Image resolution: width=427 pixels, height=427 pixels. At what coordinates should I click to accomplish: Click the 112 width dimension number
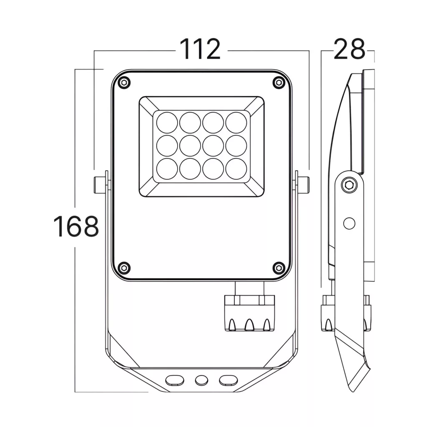(200, 49)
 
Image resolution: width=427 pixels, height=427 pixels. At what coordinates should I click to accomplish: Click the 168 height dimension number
(76, 226)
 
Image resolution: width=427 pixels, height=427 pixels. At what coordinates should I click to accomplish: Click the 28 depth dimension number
(349, 49)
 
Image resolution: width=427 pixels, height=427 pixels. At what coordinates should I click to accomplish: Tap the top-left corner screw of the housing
(124, 82)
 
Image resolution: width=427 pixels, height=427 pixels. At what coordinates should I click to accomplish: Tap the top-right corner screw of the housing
(279, 82)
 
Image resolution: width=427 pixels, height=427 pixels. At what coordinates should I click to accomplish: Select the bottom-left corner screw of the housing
(124, 268)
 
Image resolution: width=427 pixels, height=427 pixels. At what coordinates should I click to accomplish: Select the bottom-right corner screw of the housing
(279, 268)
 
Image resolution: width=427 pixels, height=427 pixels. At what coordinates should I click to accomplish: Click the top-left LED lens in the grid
(167, 123)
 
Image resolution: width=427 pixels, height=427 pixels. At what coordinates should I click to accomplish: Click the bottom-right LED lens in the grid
(236, 168)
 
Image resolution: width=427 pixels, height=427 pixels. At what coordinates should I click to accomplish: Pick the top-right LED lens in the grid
(236, 123)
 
